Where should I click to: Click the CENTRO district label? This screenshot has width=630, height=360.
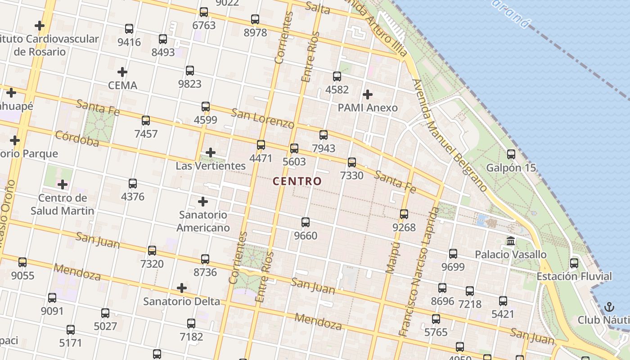click(297, 181)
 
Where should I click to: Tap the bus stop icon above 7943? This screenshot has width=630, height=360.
click(324, 135)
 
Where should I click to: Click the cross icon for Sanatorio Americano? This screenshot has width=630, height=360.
click(203, 202)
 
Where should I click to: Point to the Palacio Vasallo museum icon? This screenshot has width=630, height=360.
click(511, 241)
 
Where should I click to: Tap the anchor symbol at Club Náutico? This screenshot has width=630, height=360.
click(609, 307)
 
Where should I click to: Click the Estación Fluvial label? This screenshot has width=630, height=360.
click(574, 276)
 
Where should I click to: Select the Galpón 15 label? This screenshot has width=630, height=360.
click(511, 168)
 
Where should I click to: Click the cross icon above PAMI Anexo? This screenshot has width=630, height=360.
click(368, 94)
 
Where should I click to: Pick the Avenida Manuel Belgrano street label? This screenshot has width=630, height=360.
click(450, 135)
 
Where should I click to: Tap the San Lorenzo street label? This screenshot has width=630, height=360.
click(263, 118)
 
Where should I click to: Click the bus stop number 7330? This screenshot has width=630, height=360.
click(351, 175)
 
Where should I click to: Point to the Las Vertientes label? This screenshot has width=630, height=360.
click(211, 166)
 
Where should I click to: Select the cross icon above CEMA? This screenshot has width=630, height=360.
click(122, 72)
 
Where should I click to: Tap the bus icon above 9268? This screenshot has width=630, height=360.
click(404, 214)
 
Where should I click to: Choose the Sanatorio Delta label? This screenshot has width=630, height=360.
click(182, 301)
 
